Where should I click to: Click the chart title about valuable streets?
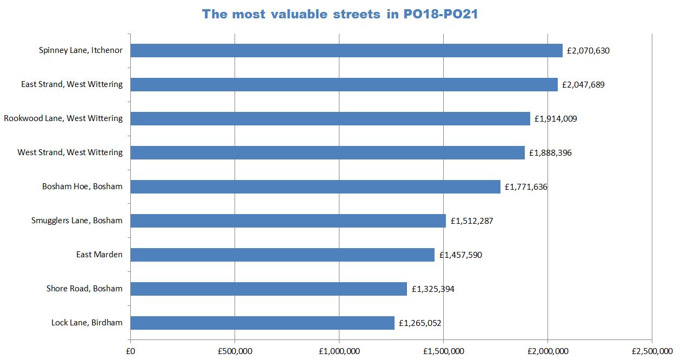pyautogui.click(x=340, y=15)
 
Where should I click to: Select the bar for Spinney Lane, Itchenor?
pyautogui.click(x=346, y=50)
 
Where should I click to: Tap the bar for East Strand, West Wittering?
pyautogui.click(x=344, y=84)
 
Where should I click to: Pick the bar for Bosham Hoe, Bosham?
pyautogui.click(x=315, y=186)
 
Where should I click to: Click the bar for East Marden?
pyautogui.click(x=282, y=255)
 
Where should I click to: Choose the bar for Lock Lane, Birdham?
pyautogui.click(x=262, y=323)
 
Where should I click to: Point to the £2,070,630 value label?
pyautogui.click(x=588, y=51)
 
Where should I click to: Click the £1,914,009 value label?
pyautogui.click(x=556, y=119)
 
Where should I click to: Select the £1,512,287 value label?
pyautogui.click(x=472, y=221)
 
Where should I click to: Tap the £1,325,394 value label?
pyautogui.click(x=433, y=289)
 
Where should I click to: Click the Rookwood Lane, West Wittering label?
pyautogui.click(x=63, y=118)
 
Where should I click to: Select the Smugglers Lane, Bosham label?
pyautogui.click(x=77, y=221)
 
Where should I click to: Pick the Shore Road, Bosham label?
pyautogui.click(x=84, y=289)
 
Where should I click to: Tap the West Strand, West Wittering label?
pyautogui.click(x=70, y=152)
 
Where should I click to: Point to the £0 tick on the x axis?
pyautogui.click(x=130, y=351)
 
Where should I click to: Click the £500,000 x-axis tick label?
pyautogui.click(x=235, y=351)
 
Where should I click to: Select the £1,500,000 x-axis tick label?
pyautogui.click(x=443, y=351)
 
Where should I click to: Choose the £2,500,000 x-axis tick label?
pyautogui.click(x=652, y=351)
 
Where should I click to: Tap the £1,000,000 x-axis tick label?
pyautogui.click(x=339, y=351)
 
